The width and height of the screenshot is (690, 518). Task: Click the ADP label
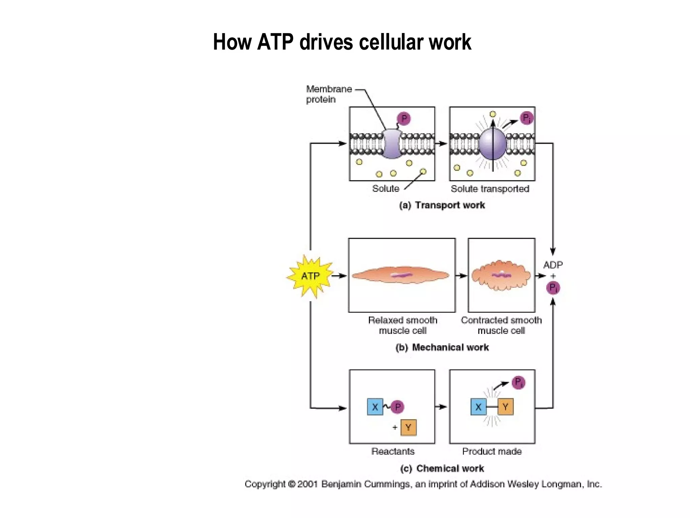(553, 265)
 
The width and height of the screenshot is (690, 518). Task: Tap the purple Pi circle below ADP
(553, 288)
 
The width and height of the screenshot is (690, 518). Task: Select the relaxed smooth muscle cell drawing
(401, 275)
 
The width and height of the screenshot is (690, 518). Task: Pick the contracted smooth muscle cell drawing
(501, 275)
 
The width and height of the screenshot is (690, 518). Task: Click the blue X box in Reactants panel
(375, 407)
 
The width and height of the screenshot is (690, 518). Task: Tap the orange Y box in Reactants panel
(408, 428)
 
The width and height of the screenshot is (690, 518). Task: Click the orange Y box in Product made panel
(505, 407)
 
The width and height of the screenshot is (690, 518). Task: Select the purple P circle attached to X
(398, 407)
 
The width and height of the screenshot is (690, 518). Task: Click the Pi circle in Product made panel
(518, 382)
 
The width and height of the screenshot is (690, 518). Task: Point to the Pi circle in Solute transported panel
(527, 118)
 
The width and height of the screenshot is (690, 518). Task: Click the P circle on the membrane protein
(404, 119)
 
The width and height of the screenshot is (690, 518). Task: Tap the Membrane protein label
(328, 94)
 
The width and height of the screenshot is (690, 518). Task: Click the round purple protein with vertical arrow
(493, 144)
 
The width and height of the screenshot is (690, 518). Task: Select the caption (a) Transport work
(442, 205)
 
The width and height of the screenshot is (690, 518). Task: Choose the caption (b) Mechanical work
(442, 347)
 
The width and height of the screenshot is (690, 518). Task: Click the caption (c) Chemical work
(442, 468)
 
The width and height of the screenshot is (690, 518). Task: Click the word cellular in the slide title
(391, 42)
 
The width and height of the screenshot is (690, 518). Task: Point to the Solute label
(385, 189)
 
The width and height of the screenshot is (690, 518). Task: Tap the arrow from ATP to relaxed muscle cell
(340, 276)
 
